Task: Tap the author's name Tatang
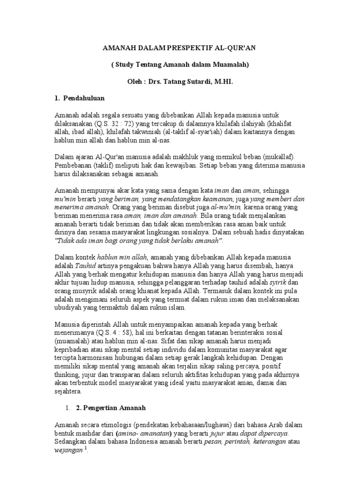pos(166,82)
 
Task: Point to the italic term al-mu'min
pos(226,207)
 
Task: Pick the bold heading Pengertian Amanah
pos(111,408)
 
